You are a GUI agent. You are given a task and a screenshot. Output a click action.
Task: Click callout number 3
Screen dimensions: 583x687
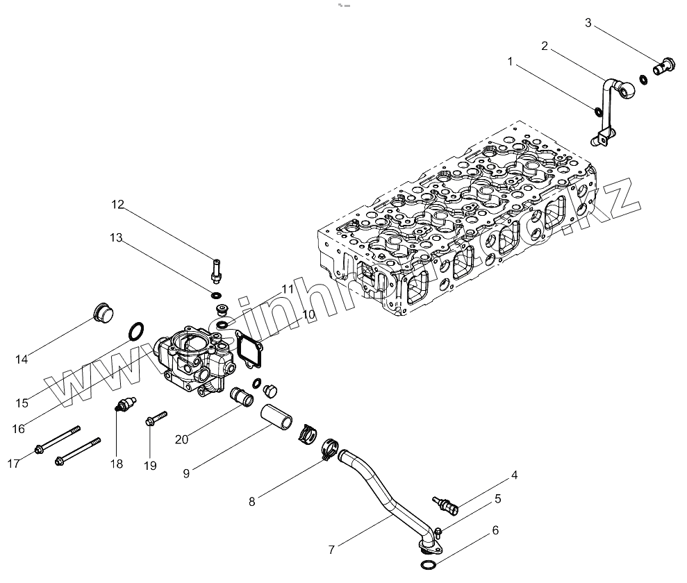pyautogui.click(x=588, y=23)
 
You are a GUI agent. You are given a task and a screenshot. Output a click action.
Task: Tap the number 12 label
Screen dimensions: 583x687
pyautogui.click(x=117, y=204)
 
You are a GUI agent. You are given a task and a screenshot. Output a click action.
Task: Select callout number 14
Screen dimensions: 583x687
pyautogui.click(x=22, y=359)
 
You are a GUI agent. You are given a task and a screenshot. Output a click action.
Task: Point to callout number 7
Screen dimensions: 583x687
pyautogui.click(x=332, y=550)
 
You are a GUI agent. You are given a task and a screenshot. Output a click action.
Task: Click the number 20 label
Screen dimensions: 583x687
pyautogui.click(x=181, y=439)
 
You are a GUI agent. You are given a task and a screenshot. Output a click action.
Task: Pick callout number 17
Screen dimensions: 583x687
pyautogui.click(x=13, y=464)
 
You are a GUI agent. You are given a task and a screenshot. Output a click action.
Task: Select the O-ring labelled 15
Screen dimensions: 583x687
pyautogui.click(x=137, y=331)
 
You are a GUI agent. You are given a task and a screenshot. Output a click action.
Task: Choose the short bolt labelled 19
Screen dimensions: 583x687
pyautogui.click(x=156, y=418)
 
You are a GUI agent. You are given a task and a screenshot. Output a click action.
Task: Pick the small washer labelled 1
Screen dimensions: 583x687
pyautogui.click(x=597, y=111)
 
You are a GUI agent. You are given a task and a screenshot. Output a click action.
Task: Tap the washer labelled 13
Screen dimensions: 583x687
pyautogui.click(x=218, y=297)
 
